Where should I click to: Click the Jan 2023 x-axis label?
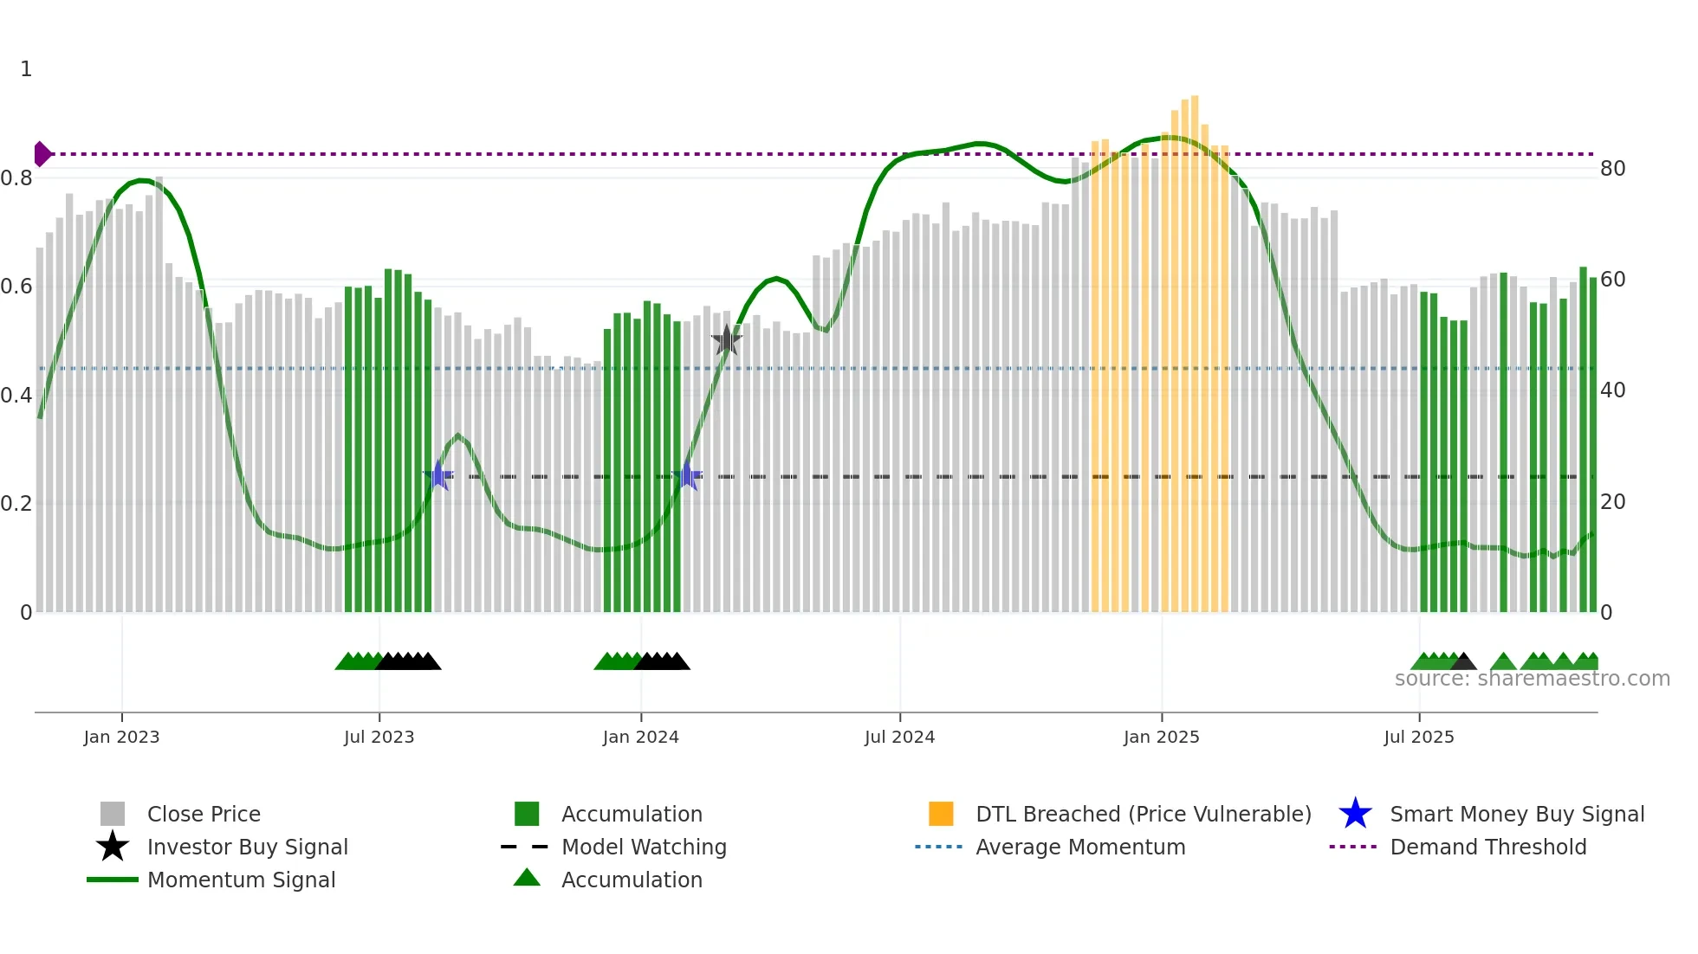tap(121, 737)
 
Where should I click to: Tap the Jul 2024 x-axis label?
tap(899, 737)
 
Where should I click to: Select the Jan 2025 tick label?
tap(1161, 737)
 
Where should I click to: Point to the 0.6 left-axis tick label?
tap(16, 287)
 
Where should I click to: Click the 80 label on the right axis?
tap(1612, 169)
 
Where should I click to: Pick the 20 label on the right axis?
tap(1612, 502)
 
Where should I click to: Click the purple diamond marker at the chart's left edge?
tap(42, 154)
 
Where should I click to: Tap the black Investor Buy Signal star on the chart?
tap(727, 340)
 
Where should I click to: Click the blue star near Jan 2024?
tap(688, 476)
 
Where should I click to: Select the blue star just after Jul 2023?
tap(439, 476)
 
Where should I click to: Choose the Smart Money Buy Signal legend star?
tap(1355, 814)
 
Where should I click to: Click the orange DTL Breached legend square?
tap(941, 814)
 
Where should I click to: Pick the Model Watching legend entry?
tap(643, 847)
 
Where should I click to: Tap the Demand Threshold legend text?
tap(1487, 847)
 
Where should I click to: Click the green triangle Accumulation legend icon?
tap(527, 879)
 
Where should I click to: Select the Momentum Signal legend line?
tap(113, 880)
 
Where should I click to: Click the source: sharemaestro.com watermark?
tap(1532, 679)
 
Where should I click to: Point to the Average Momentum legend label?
tap(1079, 847)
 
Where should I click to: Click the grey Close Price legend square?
tap(113, 814)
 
